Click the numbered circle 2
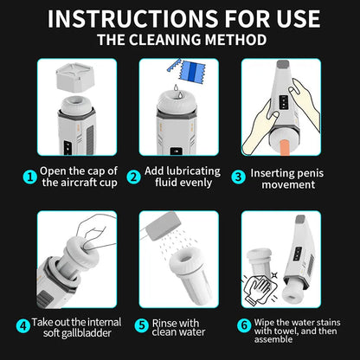click(134, 177)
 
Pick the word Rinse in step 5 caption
click(168, 321)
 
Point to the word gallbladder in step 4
click(89, 333)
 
